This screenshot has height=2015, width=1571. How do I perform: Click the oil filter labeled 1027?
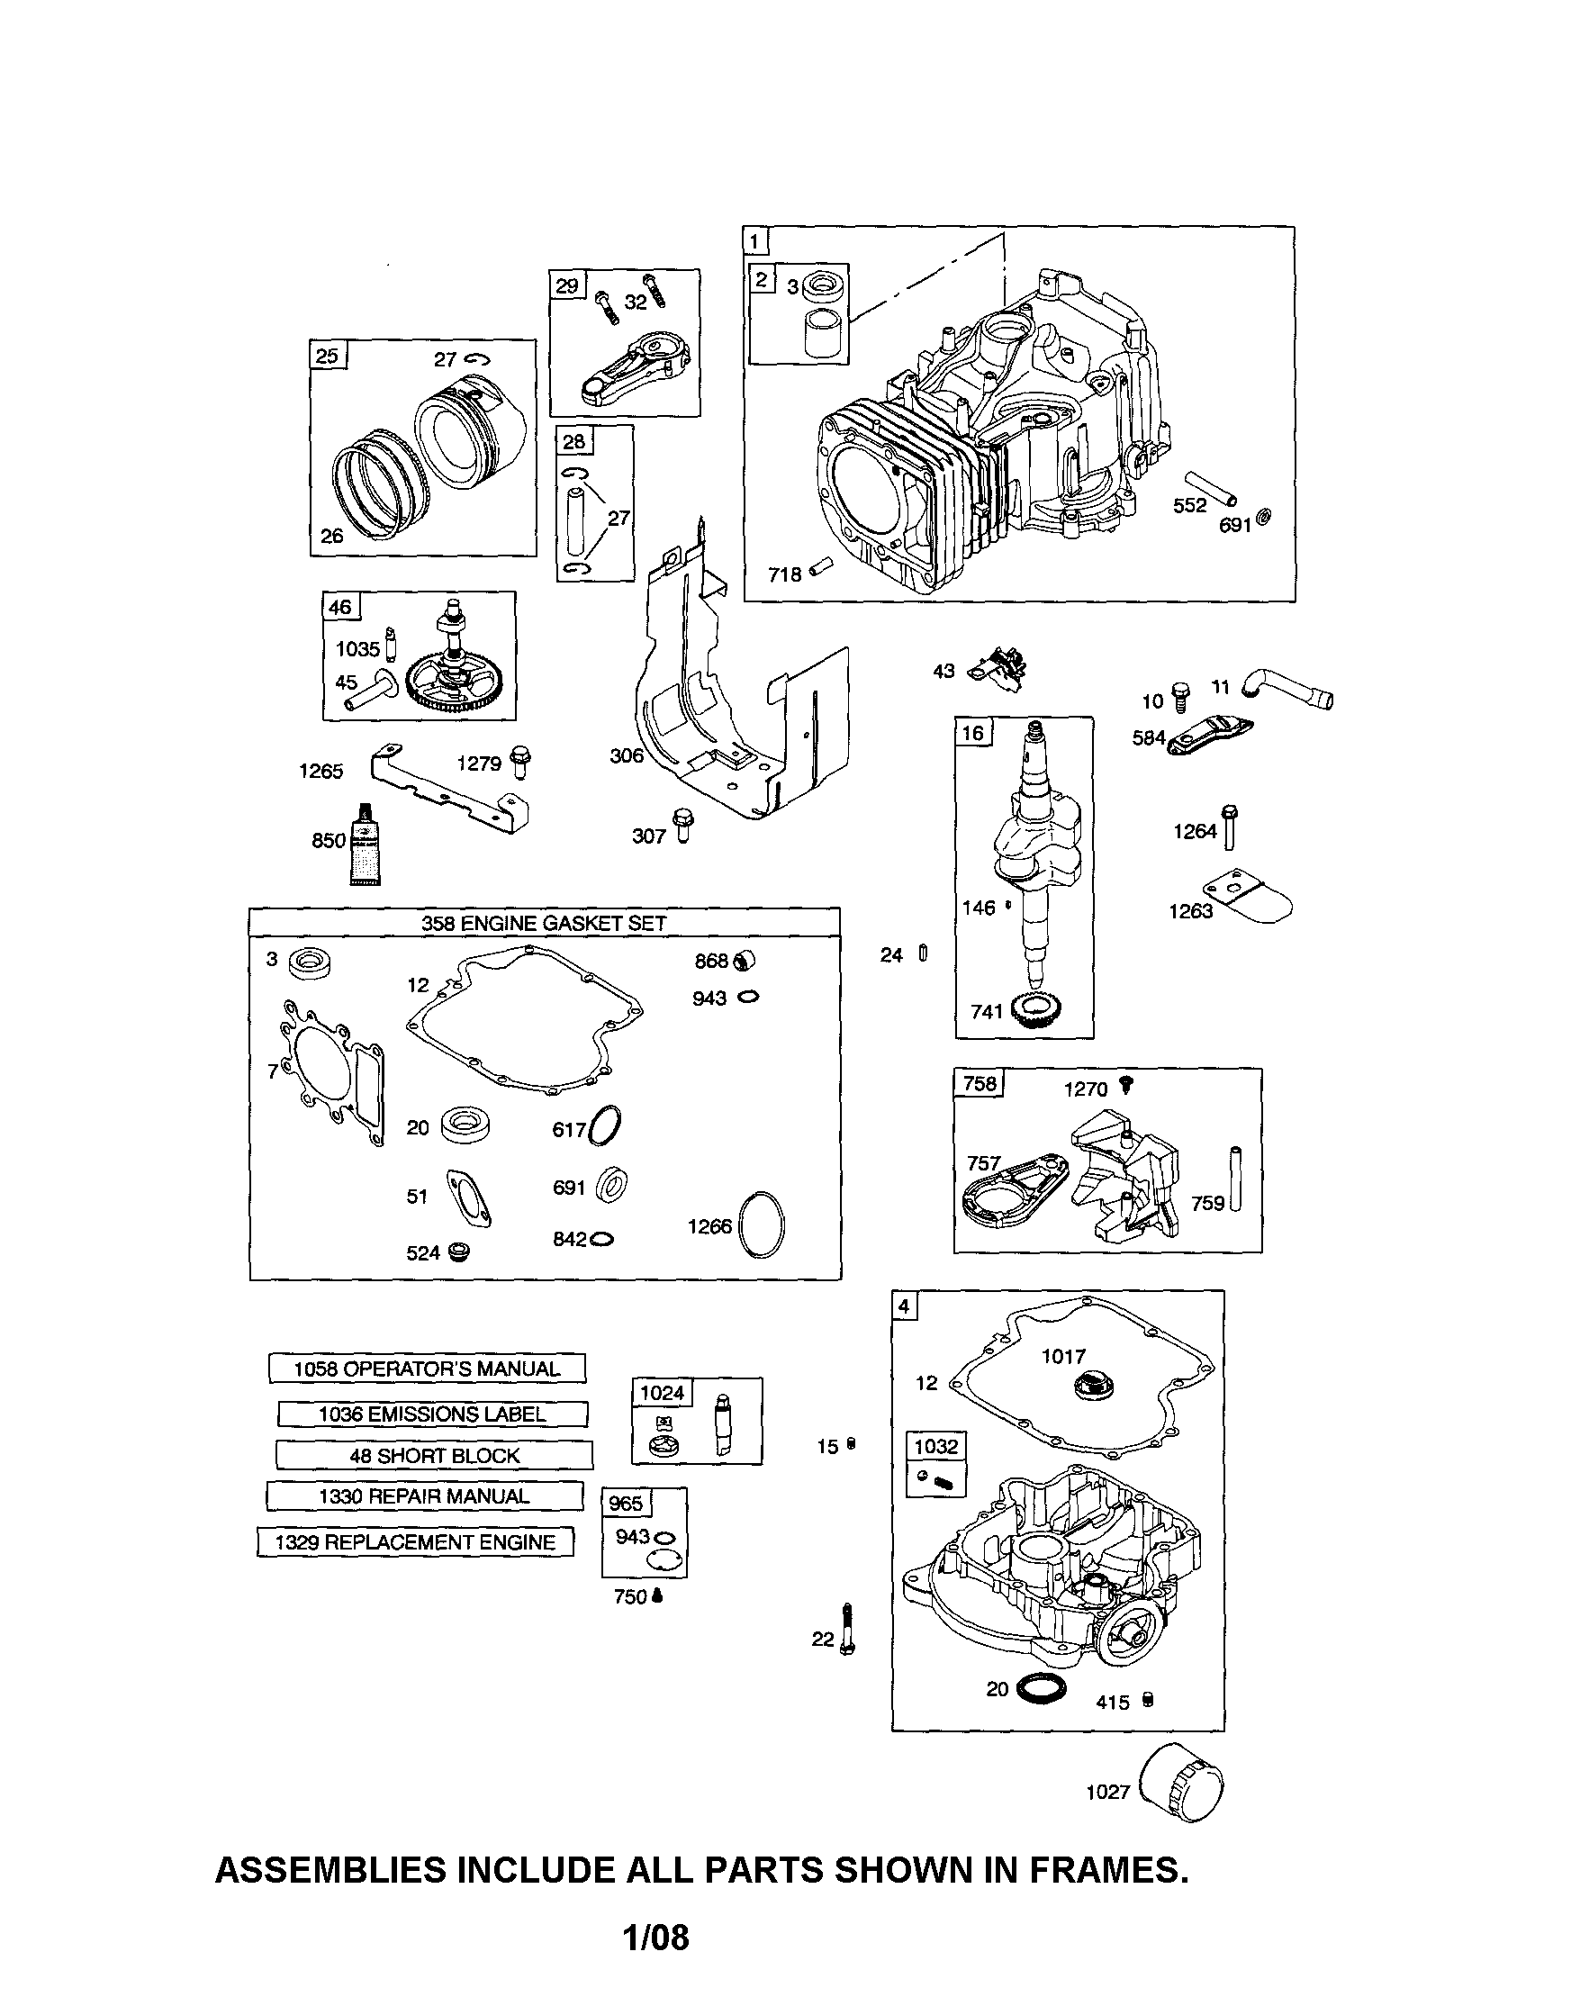pos(1185,1788)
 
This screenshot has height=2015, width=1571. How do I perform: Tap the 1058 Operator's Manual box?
pos(427,1369)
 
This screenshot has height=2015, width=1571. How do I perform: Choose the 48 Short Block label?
pos(435,1455)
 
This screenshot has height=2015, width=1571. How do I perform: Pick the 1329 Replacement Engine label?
pos(415,1541)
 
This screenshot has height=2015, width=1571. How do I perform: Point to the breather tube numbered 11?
pos(1287,689)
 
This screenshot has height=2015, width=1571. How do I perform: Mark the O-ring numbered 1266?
pos(763,1224)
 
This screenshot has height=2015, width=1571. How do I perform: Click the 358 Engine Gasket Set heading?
pos(545,923)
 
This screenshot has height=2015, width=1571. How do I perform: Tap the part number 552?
pos(1190,505)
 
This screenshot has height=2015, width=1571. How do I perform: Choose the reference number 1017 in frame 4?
pos(1063,1355)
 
